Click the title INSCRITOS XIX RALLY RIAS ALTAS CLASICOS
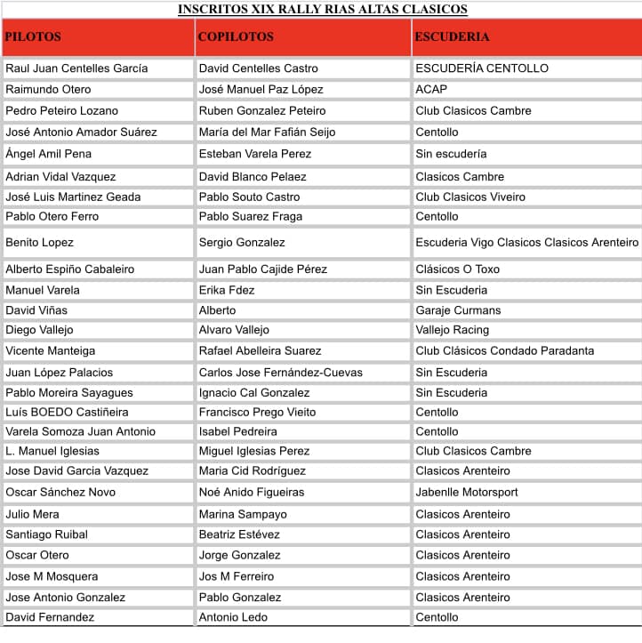pos(322,10)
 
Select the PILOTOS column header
pos(33,37)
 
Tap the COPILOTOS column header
pos(236,37)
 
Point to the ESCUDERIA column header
pos(453,37)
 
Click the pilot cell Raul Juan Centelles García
pos(76,68)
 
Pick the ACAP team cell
pos(431,90)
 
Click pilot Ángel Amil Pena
pos(48,154)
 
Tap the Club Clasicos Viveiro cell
pos(470,197)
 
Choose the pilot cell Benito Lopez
pos(39,242)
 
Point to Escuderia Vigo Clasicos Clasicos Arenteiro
pos(526,242)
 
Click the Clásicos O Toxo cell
pos(457,269)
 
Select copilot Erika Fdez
pos(227,290)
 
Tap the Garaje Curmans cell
pos(458,310)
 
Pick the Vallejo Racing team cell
pos(452,330)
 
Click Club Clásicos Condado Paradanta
pos(504,351)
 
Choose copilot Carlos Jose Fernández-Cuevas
pos(280,373)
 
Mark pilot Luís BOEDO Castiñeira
pos(67,413)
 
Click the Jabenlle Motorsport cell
pos(466,493)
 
